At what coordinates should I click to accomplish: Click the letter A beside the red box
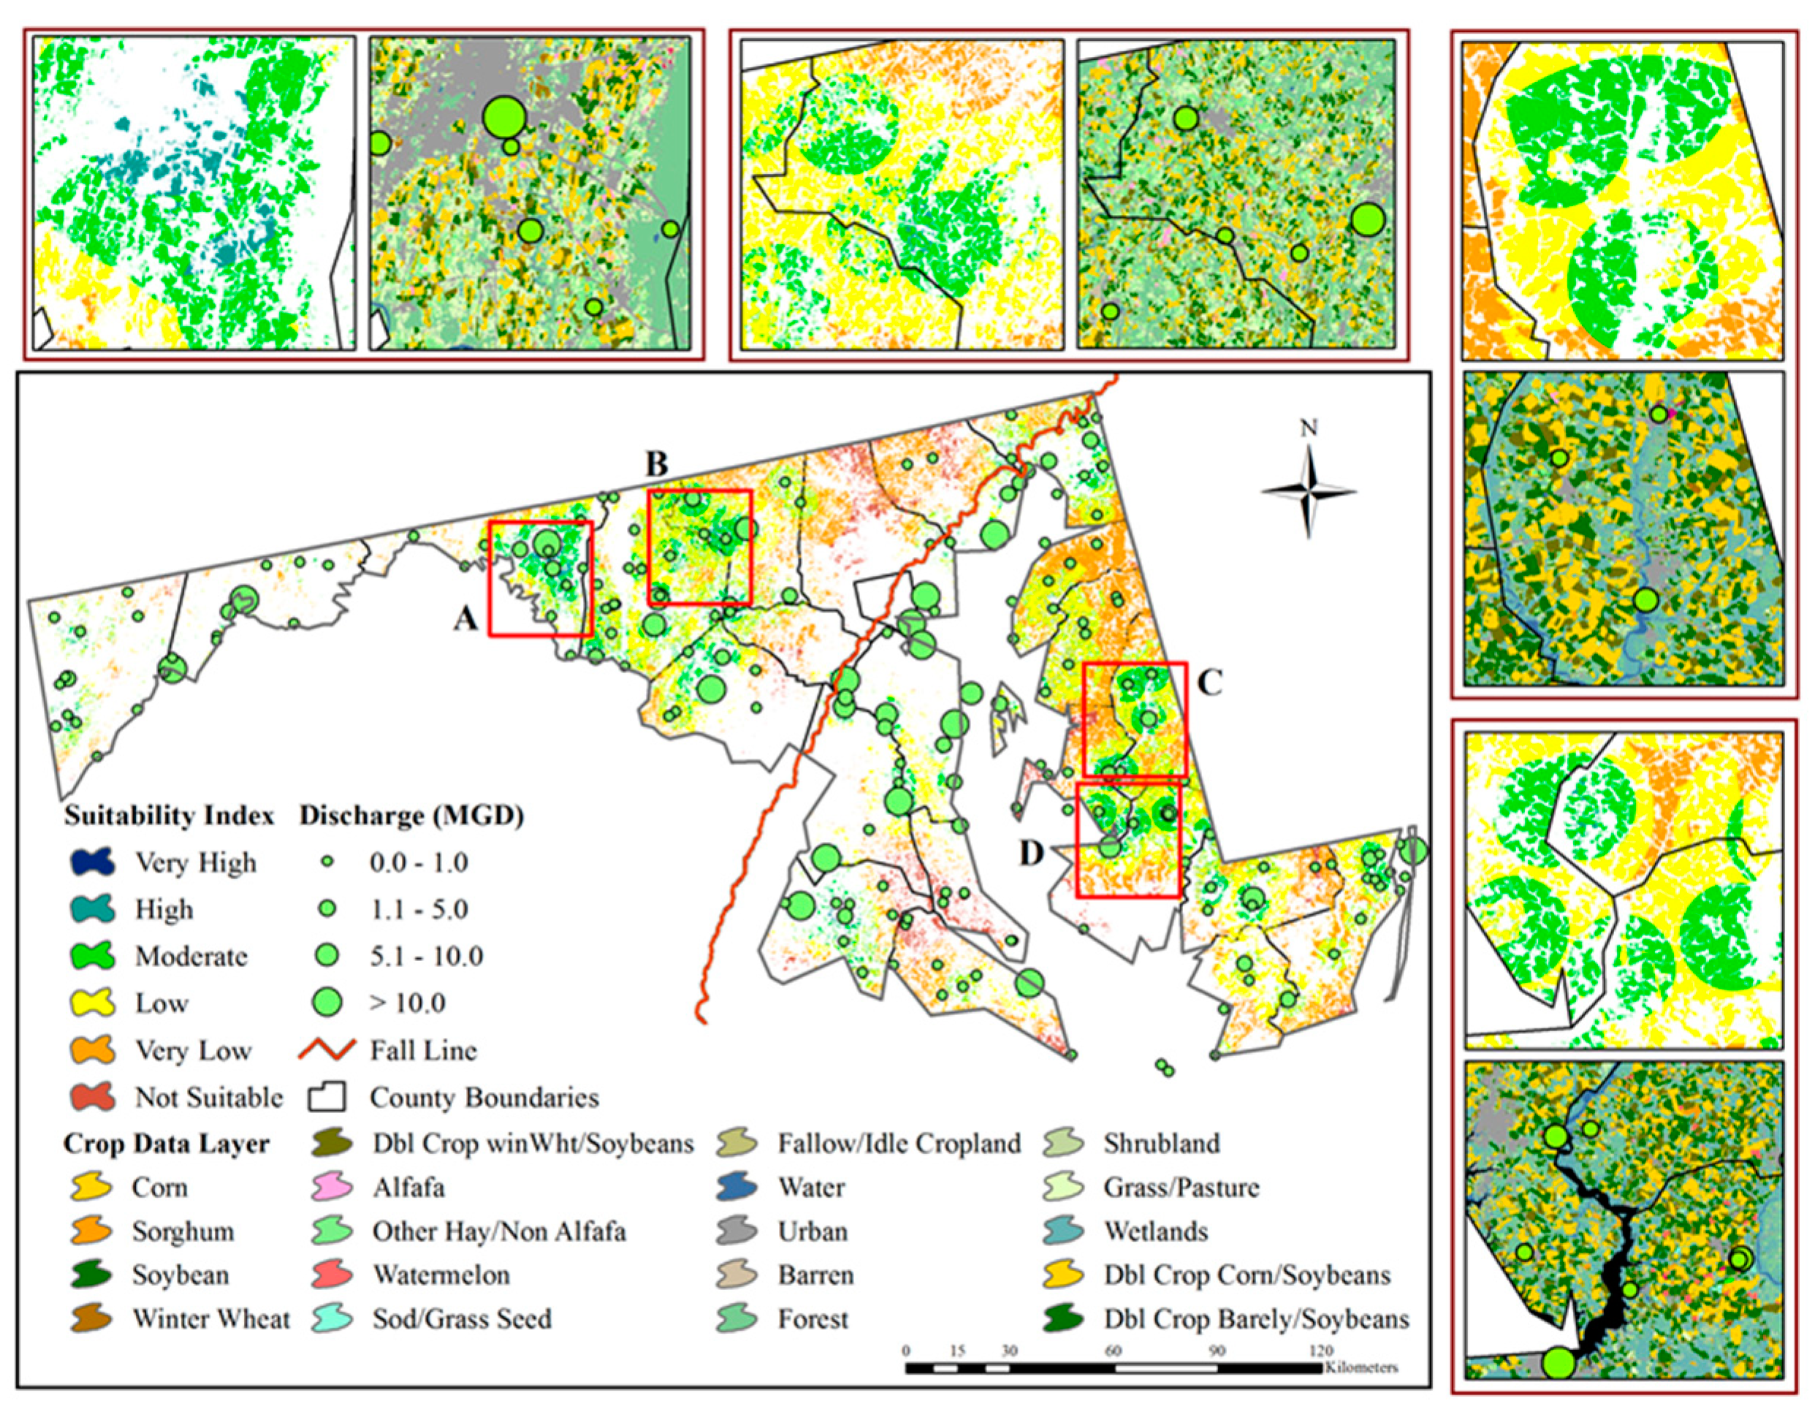coord(465,618)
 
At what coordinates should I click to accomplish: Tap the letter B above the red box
coord(657,465)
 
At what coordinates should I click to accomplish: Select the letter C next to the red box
coord(1209,683)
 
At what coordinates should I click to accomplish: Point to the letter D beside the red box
coord(1031,853)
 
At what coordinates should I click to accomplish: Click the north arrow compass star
coord(1308,492)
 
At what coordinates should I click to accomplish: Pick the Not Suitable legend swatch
coord(92,1097)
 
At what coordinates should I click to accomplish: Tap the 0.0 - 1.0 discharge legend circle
coord(328,862)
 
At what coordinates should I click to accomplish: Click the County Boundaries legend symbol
coord(327,1097)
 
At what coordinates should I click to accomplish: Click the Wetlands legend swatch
coord(1065,1230)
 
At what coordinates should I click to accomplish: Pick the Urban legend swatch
coord(737,1230)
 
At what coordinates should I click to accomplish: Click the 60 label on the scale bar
coord(1114,1351)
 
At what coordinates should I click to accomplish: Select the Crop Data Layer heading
coord(166,1144)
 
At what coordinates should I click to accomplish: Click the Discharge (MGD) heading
coord(411,816)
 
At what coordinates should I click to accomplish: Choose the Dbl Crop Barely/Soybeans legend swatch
coord(1065,1318)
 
